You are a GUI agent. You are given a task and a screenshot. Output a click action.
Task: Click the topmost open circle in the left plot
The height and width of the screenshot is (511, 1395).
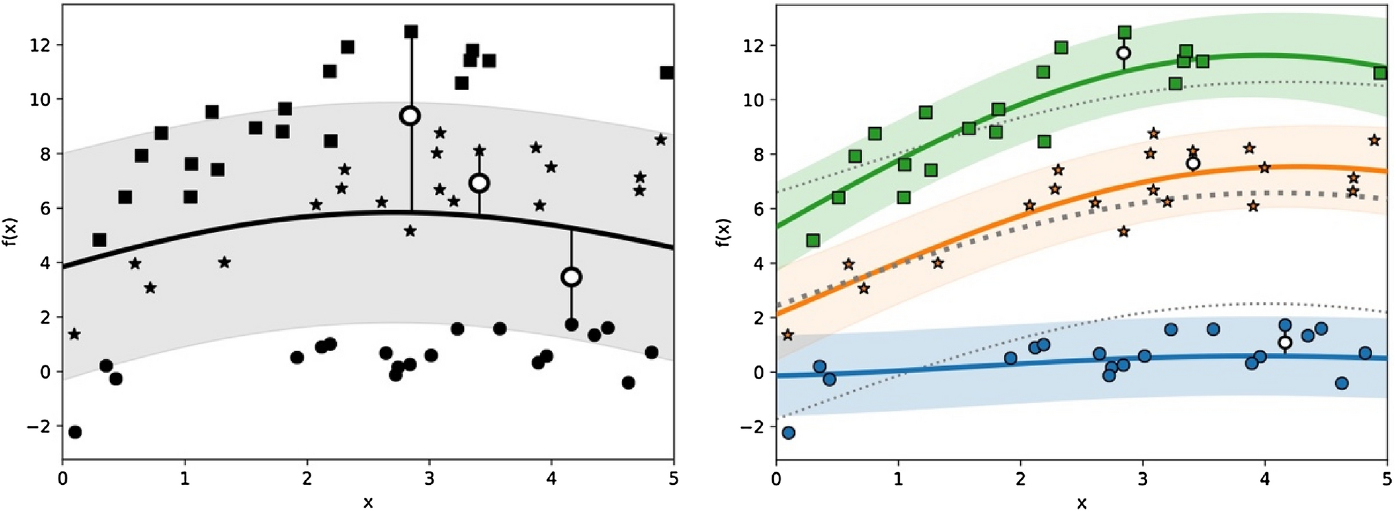[x=410, y=115]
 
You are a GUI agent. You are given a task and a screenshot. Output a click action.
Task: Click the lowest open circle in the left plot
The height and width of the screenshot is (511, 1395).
[x=571, y=277]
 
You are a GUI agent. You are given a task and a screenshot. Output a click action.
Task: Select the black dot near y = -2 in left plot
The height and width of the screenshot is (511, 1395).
[x=75, y=432]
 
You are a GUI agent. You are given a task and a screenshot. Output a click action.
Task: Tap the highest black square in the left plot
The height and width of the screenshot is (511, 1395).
[x=411, y=32]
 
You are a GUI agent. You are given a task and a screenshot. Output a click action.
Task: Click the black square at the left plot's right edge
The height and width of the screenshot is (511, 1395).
[x=667, y=72]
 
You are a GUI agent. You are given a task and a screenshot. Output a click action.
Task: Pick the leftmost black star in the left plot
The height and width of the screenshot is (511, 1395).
[x=74, y=334]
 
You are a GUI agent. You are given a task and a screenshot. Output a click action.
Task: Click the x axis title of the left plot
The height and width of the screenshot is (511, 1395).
[x=368, y=503]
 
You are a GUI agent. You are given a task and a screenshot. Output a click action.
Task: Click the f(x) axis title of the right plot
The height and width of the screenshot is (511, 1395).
[x=724, y=233]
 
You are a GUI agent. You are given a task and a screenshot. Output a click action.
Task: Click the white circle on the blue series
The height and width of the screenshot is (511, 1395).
[x=1285, y=342]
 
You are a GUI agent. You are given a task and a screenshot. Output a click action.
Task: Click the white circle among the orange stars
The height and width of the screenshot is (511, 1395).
[x=1193, y=163]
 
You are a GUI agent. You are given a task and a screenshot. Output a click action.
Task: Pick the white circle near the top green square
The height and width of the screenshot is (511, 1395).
[x=1124, y=53]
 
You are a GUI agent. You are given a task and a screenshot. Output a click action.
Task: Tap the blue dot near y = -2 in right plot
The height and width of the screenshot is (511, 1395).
[x=789, y=433]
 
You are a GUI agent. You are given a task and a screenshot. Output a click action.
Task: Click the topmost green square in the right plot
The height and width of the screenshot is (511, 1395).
[x=1125, y=32]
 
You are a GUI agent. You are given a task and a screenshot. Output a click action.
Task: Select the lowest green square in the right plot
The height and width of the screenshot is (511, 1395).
[x=813, y=240]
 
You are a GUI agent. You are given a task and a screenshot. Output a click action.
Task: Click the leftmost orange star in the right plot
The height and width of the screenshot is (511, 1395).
[x=788, y=335]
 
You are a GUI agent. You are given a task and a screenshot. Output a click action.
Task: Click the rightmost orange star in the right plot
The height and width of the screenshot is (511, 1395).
[x=1374, y=140]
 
